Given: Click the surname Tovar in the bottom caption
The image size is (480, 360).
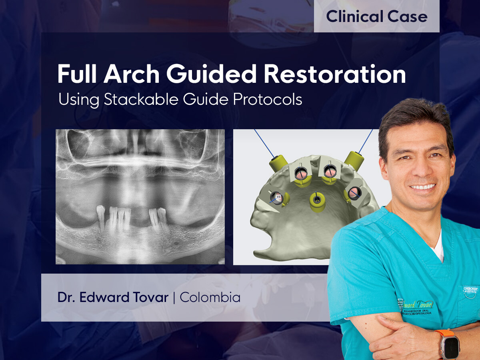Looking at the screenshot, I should (x=150, y=298).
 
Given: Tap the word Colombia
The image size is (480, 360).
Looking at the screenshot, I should (x=210, y=298).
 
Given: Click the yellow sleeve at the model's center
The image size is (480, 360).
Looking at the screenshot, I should (x=317, y=201).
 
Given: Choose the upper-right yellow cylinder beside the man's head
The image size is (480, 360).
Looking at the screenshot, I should (x=354, y=160).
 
